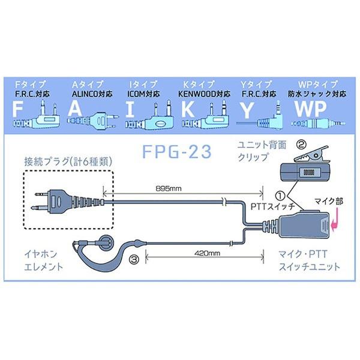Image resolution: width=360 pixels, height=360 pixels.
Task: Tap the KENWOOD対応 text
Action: coord(204,94)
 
